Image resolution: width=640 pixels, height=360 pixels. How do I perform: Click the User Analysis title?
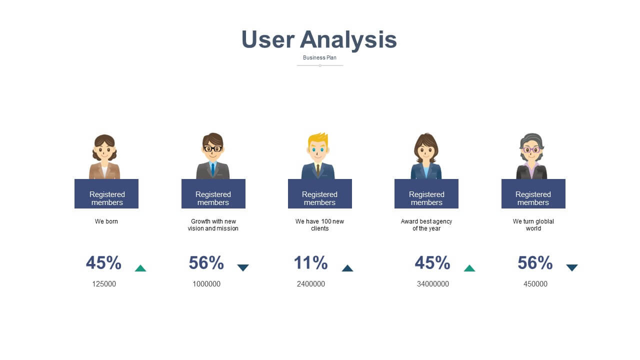tap(319, 39)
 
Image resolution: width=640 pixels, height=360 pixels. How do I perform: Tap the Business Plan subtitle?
tap(319, 57)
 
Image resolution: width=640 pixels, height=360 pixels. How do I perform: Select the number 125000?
tap(104, 284)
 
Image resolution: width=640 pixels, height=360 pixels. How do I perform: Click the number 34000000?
tap(433, 284)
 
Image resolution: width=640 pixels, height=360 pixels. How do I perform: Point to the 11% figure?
tap(311, 262)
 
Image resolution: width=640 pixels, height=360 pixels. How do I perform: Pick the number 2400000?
tap(311, 284)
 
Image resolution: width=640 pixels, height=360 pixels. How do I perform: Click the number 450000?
tap(535, 284)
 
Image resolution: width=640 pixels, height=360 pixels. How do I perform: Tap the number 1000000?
tap(206, 284)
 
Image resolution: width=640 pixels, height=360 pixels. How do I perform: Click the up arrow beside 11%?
tap(347, 268)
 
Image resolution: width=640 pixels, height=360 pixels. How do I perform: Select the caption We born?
tap(106, 221)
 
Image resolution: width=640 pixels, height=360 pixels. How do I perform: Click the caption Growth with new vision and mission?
tap(213, 225)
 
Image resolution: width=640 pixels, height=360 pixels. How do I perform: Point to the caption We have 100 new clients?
tap(319, 225)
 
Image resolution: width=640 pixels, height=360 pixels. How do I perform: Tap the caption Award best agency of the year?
tap(426, 225)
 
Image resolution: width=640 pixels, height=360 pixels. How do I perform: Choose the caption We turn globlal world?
tap(533, 225)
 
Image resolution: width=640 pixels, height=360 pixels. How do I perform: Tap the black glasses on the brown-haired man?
tap(213, 149)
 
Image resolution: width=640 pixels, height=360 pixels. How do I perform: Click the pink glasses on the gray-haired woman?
tap(531, 149)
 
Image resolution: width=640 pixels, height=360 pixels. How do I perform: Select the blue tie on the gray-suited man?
tap(213, 169)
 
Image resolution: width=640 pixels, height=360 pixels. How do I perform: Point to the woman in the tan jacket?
tap(104, 156)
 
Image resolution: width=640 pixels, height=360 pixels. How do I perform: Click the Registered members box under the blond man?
tap(320, 193)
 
